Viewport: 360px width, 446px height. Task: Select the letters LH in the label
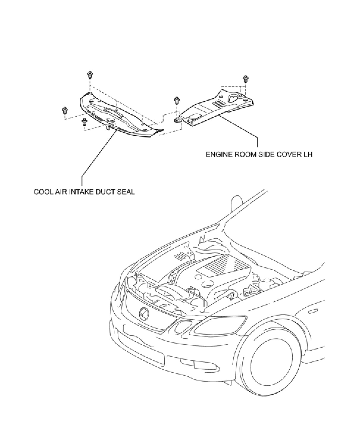[308, 155]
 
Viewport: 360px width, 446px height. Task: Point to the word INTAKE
[82, 192]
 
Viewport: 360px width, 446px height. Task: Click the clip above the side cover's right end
[245, 79]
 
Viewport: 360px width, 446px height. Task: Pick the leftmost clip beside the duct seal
[64, 110]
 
